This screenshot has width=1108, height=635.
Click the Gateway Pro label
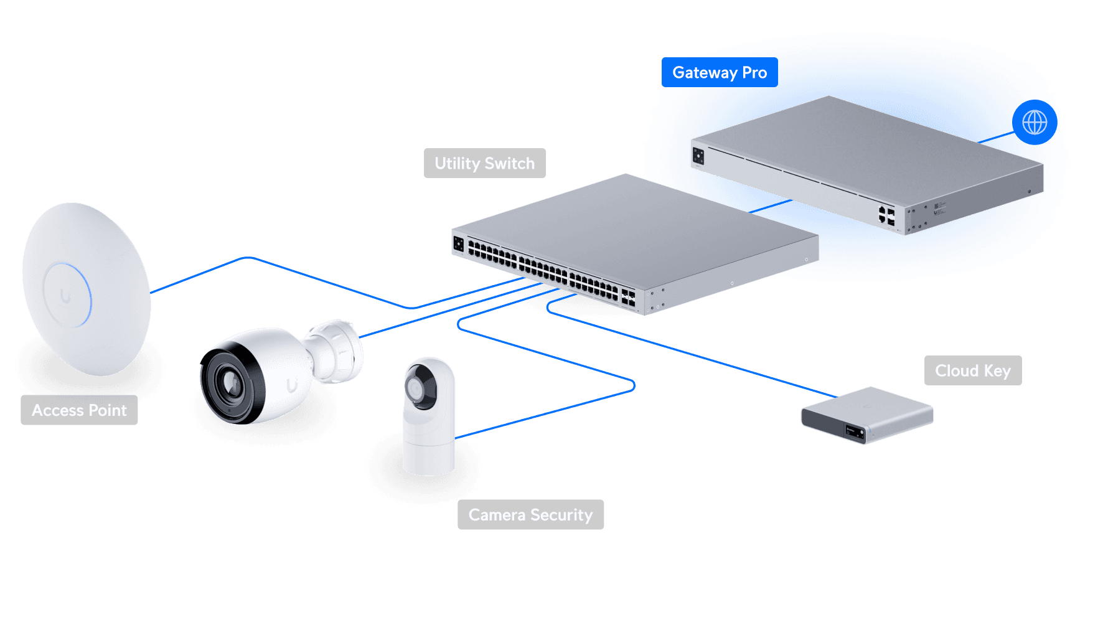(720, 73)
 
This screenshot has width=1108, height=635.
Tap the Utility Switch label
(484, 163)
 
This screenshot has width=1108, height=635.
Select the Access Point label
(79, 410)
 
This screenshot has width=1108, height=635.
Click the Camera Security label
(530, 515)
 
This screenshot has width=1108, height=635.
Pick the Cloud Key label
(972, 371)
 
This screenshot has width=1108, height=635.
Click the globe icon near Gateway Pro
(1035, 123)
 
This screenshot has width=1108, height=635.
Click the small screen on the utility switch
(459, 243)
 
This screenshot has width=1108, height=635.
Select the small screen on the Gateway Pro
(698, 155)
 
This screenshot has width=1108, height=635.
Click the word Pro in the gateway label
(754, 73)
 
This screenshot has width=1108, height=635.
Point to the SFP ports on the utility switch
(628, 298)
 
